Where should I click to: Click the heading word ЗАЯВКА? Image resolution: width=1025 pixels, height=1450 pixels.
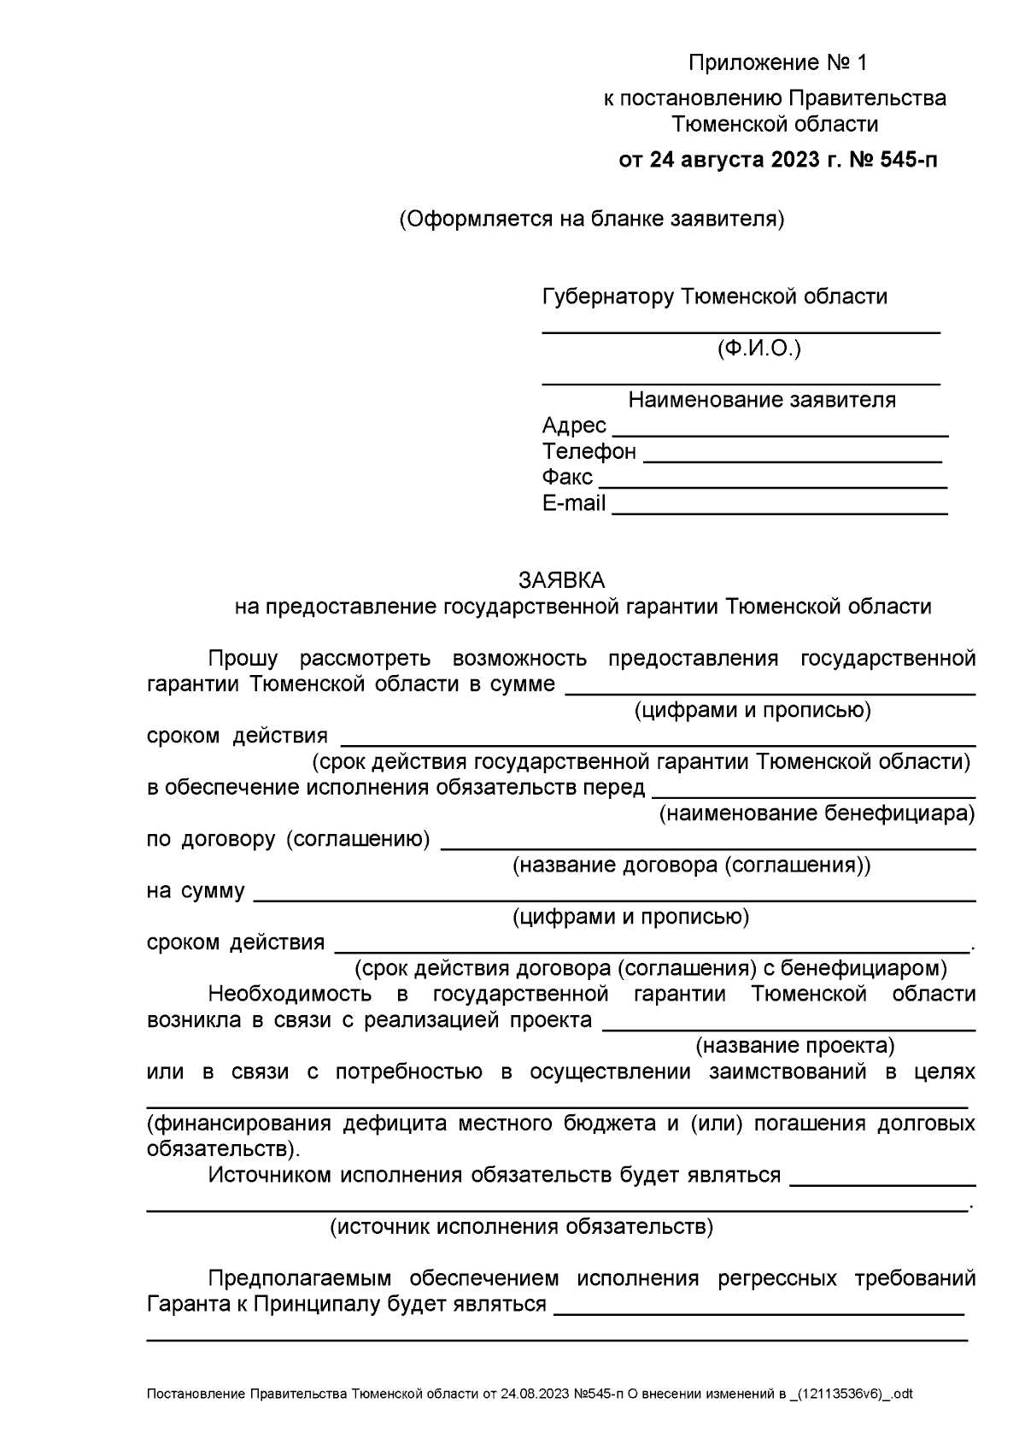(561, 580)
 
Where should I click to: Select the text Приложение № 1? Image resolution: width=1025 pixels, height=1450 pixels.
(777, 63)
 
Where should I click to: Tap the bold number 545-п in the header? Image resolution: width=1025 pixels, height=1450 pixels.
(905, 160)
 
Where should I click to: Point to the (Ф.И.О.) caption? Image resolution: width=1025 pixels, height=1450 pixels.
(759, 349)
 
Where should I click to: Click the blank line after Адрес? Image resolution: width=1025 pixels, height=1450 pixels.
(780, 435)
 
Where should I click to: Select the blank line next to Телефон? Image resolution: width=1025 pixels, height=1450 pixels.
(792, 461)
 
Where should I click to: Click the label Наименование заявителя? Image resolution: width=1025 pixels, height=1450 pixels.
(762, 400)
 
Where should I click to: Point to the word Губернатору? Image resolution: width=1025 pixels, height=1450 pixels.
(607, 297)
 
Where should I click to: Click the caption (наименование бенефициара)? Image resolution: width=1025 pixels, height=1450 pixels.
(816, 813)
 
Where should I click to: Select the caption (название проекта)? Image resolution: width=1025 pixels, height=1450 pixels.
(794, 1046)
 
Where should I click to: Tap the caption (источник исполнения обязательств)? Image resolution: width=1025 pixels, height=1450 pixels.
(521, 1227)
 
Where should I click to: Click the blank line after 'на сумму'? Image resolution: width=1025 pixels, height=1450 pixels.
(615, 900)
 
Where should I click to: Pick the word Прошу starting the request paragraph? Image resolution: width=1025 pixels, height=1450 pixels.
(243, 659)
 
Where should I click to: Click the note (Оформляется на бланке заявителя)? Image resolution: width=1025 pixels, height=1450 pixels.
(591, 220)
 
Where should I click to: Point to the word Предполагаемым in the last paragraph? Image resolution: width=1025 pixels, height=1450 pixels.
(299, 1279)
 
